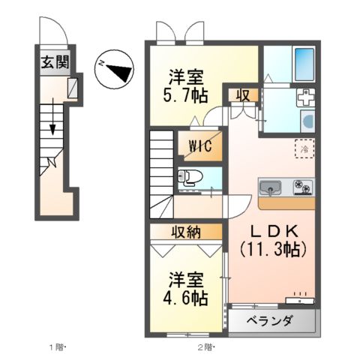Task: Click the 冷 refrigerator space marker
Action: [x=304, y=148]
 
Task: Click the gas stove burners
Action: [x=302, y=184]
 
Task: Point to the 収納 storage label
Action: [x=184, y=232]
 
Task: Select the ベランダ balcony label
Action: [x=271, y=321]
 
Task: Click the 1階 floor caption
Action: [x=58, y=347]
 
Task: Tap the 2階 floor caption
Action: [x=206, y=347]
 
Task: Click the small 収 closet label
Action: [x=244, y=94]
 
